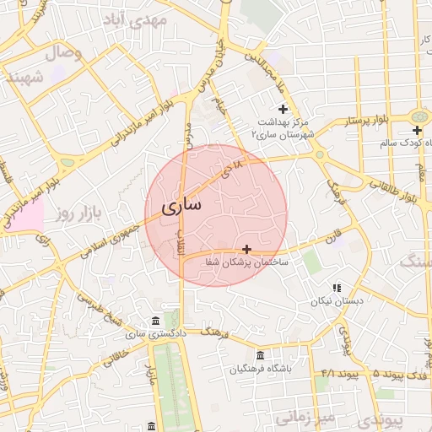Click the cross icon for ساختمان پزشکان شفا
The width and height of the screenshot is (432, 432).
click(x=246, y=249)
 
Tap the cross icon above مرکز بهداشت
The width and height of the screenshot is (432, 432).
click(x=283, y=109)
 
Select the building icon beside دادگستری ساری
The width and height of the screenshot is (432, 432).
click(x=154, y=321)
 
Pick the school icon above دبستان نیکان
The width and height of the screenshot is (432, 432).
click(x=337, y=288)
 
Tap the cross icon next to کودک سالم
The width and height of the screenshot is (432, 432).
click(x=417, y=130)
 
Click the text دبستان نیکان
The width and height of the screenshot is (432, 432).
click(x=337, y=301)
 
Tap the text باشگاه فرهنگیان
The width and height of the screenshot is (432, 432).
click(x=265, y=369)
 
